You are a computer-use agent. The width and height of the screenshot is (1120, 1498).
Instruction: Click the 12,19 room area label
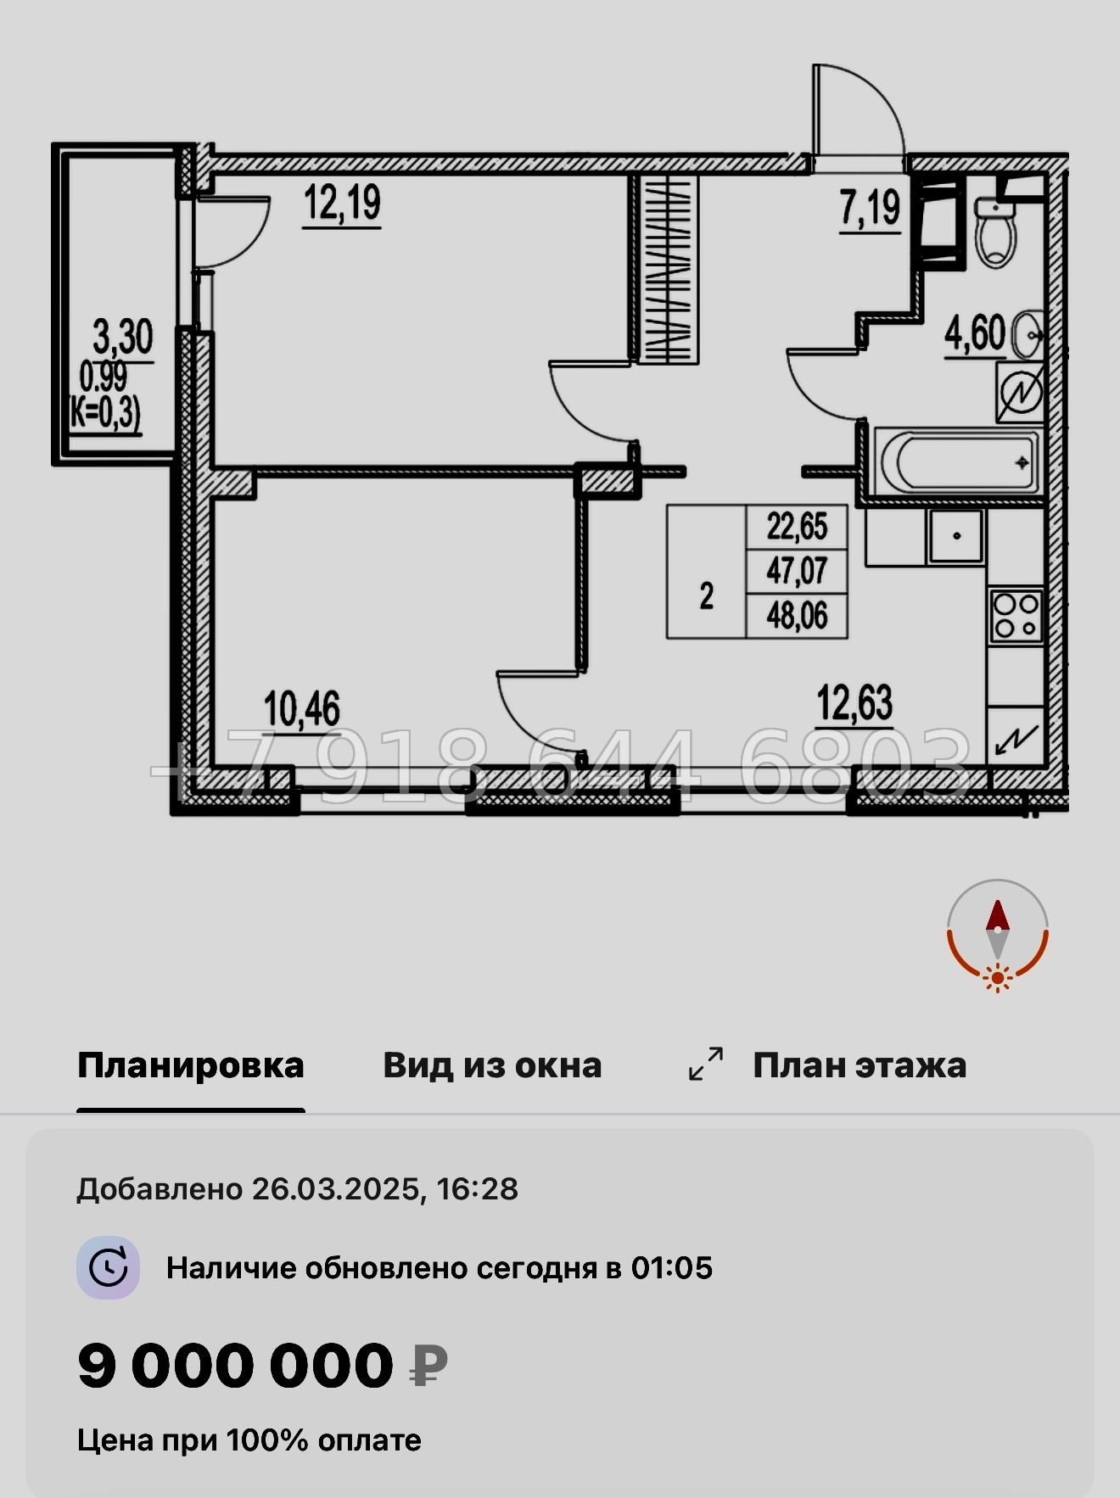pos(342,204)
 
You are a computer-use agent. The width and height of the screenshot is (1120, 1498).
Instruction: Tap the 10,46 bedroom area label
pos(302,709)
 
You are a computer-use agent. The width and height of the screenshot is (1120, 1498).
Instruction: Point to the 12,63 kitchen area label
pos(854,704)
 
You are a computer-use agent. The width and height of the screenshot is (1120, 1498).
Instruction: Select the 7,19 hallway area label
pos(870,208)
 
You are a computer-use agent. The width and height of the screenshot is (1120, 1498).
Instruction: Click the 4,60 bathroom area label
pos(975,333)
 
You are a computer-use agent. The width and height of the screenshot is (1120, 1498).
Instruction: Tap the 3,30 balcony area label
pos(123,338)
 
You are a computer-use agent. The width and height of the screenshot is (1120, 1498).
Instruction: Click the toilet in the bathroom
pos(996,231)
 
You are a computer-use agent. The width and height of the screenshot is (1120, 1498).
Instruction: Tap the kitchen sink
pos(956,536)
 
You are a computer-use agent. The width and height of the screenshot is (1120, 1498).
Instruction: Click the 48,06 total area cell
pos(797,616)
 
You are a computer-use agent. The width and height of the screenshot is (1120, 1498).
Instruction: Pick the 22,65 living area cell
pos(797,527)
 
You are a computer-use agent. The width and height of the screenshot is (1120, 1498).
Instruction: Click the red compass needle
pos(997,918)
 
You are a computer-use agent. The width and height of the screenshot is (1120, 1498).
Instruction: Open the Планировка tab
pos(191,1065)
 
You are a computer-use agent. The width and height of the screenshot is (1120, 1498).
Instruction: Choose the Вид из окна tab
pos(492,1065)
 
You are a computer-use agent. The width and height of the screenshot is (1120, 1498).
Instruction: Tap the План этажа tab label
pos(860,1065)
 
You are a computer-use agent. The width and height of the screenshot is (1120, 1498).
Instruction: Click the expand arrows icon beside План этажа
pos(706,1064)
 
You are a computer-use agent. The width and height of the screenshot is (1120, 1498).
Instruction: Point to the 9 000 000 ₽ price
pos(262,1366)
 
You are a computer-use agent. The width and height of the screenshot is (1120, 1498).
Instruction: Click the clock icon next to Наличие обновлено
pos(109,1268)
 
